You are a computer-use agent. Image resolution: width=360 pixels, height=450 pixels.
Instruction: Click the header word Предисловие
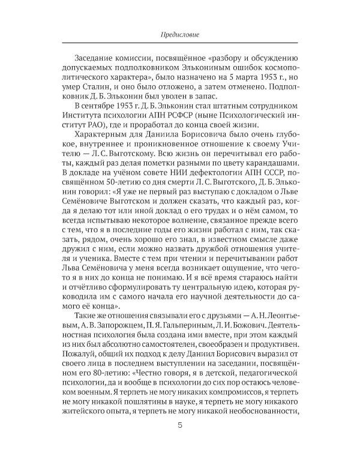pyautogui.click(x=179, y=35)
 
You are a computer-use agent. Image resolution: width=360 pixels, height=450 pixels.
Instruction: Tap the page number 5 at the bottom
pyautogui.click(x=180, y=425)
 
